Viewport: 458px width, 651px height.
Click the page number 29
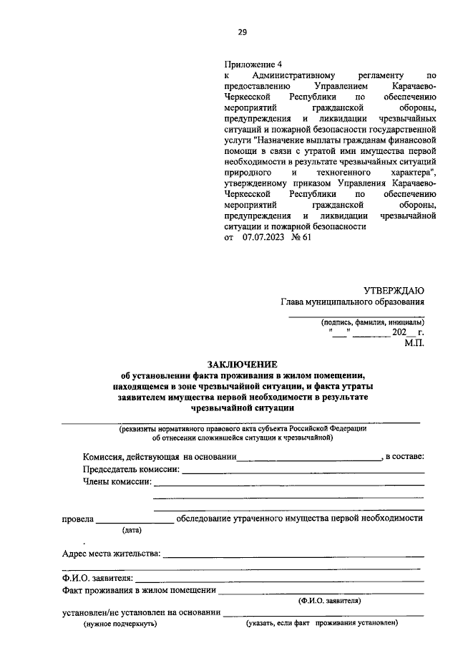click(x=243, y=32)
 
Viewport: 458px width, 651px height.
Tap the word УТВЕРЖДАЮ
click(x=394, y=290)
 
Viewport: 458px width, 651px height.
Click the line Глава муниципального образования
click(x=352, y=302)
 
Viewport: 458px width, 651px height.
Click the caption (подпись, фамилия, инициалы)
click(x=373, y=322)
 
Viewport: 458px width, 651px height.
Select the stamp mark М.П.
click(x=414, y=344)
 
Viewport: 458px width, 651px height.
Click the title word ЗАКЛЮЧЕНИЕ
click(x=243, y=365)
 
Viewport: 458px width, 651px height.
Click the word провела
click(x=78, y=518)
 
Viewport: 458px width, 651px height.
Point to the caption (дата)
click(x=132, y=530)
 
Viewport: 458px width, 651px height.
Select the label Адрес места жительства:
click(x=111, y=554)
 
